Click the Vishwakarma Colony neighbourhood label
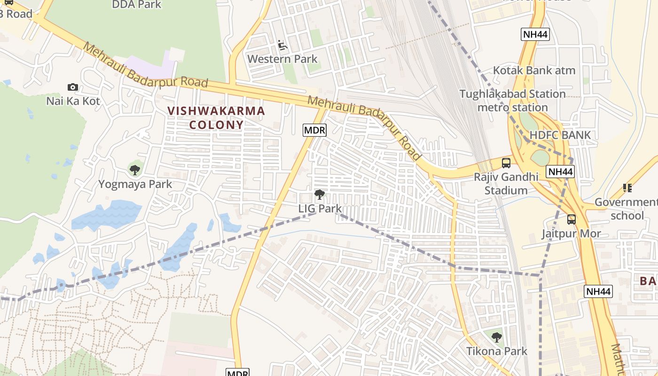pyautogui.click(x=216, y=118)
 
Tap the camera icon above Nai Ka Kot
pyautogui.click(x=72, y=87)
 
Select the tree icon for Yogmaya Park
pyautogui.click(x=135, y=170)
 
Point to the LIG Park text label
pyautogui.click(x=320, y=208)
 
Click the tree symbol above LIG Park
pyautogui.click(x=320, y=194)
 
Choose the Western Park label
pyautogui.click(x=282, y=59)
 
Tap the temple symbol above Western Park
pyautogui.click(x=282, y=45)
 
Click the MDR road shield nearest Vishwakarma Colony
pyautogui.click(x=314, y=130)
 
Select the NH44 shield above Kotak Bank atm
pyautogui.click(x=535, y=34)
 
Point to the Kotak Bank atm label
pyautogui.click(x=534, y=70)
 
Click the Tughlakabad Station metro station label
pyautogui.click(x=512, y=101)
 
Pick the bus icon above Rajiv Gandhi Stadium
pyautogui.click(x=506, y=163)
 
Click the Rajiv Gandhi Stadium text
pyautogui.click(x=506, y=184)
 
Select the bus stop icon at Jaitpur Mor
pyautogui.click(x=572, y=219)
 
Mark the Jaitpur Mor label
pyautogui.click(x=571, y=234)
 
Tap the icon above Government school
pyautogui.click(x=627, y=188)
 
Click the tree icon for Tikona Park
pyautogui.click(x=497, y=337)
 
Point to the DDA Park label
pyautogui.click(x=136, y=5)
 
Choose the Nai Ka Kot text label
pyautogui.click(x=73, y=101)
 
